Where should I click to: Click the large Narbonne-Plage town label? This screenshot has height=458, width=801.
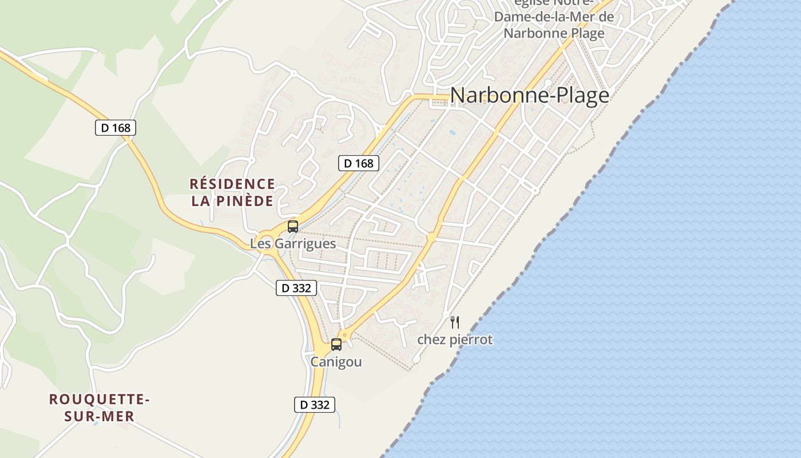529,95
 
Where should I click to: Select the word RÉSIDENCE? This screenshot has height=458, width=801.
232,184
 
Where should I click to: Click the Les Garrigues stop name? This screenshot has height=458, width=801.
292,243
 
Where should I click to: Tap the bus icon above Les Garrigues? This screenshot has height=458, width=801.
293,227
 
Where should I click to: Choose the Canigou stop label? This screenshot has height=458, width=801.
336,362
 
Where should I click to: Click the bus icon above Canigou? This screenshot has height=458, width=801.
336,345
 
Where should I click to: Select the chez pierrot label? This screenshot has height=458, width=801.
455,339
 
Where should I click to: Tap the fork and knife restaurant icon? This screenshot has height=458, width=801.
455,322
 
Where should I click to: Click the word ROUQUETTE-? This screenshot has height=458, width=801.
100,399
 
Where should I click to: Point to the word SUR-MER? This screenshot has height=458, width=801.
100,416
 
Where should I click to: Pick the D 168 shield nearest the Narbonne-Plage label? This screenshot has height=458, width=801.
359,163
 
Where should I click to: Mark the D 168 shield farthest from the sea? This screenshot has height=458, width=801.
116,128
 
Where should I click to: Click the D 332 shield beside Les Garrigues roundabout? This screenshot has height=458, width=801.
296,288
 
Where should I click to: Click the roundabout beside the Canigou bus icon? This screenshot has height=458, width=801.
343,335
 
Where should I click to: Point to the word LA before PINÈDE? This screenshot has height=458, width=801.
201,201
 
